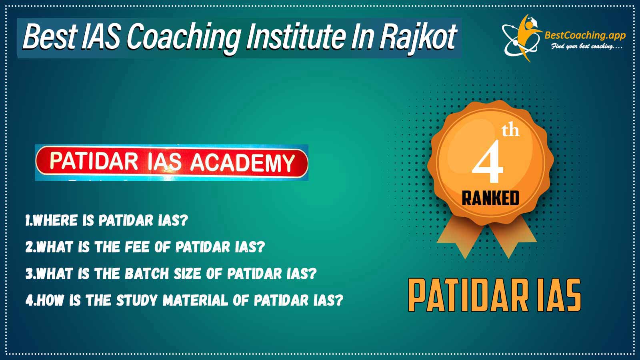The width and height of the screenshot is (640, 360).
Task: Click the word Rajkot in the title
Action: coord(418,38)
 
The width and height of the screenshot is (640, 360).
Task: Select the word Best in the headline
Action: coord(50,37)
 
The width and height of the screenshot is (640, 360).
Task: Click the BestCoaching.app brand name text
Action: coord(585,36)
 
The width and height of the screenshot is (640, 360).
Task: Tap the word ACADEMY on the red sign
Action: coord(242,162)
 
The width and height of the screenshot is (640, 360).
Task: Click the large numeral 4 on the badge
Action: coord(488,161)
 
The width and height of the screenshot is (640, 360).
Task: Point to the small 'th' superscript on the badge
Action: coord(510,131)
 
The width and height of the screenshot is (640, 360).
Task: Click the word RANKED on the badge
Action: coord(490,198)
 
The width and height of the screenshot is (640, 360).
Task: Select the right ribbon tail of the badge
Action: coord(513,236)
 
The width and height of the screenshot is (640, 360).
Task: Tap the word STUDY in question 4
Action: coord(137,300)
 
